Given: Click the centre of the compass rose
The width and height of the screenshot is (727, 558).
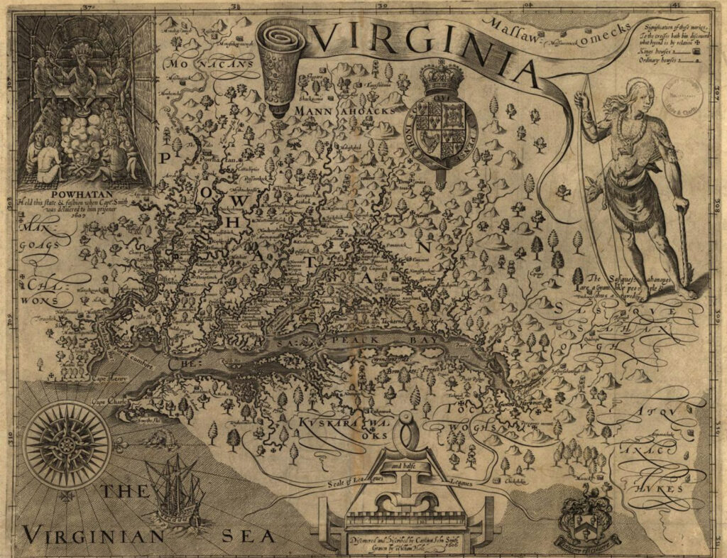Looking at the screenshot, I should coord(67,445).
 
